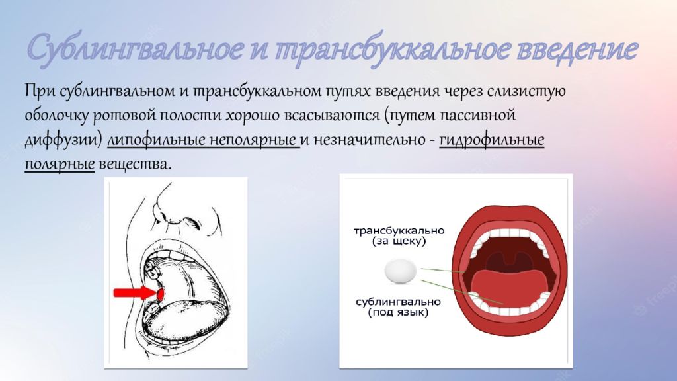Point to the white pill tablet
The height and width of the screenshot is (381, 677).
[x=401, y=271]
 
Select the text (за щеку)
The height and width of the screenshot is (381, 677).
[x=399, y=242]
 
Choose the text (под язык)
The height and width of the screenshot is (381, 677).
[x=399, y=312]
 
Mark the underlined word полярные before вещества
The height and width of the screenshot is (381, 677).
[x=59, y=163]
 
